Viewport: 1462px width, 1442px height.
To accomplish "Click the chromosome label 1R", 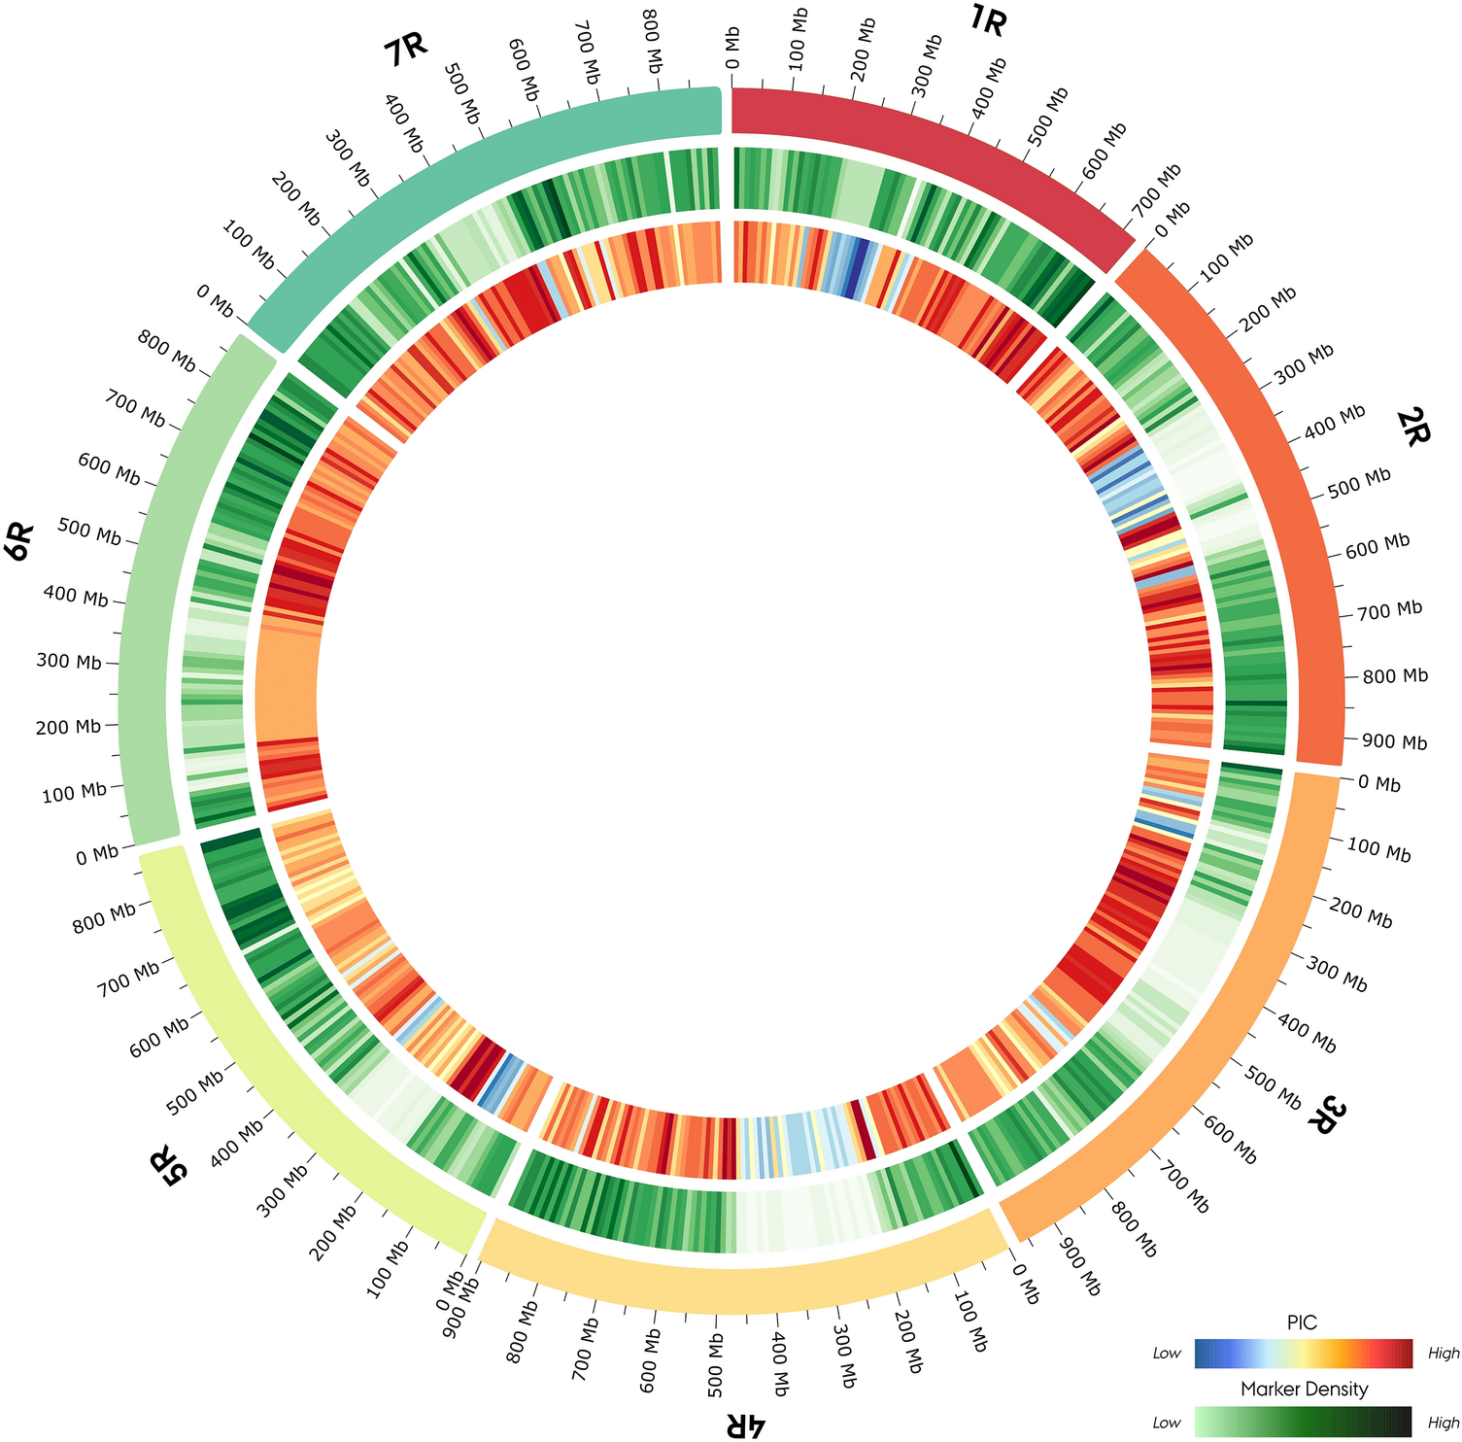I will tap(988, 20).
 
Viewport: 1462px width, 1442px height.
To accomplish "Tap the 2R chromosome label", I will tap(1412, 427).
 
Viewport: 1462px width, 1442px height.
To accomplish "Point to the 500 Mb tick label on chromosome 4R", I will tap(714, 1342).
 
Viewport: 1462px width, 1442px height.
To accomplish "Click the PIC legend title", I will tap(1302, 1322).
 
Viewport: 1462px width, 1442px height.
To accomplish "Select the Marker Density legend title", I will tap(1304, 1390).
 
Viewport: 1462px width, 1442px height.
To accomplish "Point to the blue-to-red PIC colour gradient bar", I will tap(1304, 1354).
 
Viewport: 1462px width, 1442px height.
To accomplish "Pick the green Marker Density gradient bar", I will tap(1304, 1422).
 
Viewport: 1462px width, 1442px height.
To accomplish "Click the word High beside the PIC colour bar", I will tap(1444, 1354).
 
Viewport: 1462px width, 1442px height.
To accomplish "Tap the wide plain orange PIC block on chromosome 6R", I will tap(287, 685).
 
